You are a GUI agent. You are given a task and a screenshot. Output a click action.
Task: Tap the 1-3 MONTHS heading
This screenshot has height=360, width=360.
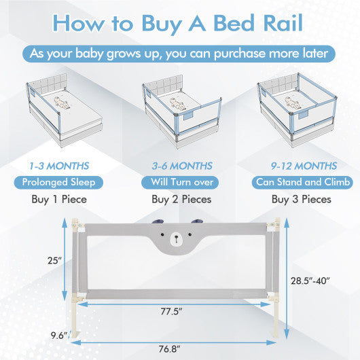pyautogui.click(x=59, y=166)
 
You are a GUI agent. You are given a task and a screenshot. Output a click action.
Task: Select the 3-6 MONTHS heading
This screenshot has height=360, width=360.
pyautogui.click(x=182, y=166)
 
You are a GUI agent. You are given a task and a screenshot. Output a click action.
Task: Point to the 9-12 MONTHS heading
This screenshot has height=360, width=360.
pyautogui.click(x=304, y=166)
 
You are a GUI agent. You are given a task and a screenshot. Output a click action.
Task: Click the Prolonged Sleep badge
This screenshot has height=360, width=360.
pyautogui.click(x=58, y=183)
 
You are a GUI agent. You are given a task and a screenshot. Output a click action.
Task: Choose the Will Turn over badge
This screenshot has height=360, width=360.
pyautogui.click(x=180, y=183)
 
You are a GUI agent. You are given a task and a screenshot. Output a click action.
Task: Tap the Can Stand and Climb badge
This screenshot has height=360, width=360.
pyautogui.click(x=302, y=183)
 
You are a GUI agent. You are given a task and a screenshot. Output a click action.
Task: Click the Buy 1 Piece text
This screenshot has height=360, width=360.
pyautogui.click(x=59, y=199)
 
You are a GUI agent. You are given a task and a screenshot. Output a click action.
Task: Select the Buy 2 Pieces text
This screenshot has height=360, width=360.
pyautogui.click(x=181, y=199)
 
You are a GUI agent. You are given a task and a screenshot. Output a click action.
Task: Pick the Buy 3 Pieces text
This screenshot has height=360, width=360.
pyautogui.click(x=302, y=199)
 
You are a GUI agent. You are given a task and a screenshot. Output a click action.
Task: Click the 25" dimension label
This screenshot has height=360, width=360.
pyautogui.click(x=54, y=261)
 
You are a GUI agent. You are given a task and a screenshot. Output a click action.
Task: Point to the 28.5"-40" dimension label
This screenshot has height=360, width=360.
pyautogui.click(x=310, y=281)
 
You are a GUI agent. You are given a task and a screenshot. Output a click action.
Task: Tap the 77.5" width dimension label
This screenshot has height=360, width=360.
pyautogui.click(x=171, y=312)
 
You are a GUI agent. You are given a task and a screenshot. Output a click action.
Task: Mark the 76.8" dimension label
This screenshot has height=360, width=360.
pyautogui.click(x=169, y=349)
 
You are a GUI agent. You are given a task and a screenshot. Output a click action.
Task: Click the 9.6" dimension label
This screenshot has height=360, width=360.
pyautogui.click(x=59, y=336)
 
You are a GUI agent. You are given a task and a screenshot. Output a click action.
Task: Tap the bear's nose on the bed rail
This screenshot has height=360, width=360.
pyautogui.click(x=176, y=237)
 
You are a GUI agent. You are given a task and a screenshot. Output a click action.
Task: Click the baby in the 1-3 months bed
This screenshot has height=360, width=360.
pyautogui.click(x=60, y=103)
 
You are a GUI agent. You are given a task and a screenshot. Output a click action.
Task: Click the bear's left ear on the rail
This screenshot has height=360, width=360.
pyautogui.click(x=158, y=221)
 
